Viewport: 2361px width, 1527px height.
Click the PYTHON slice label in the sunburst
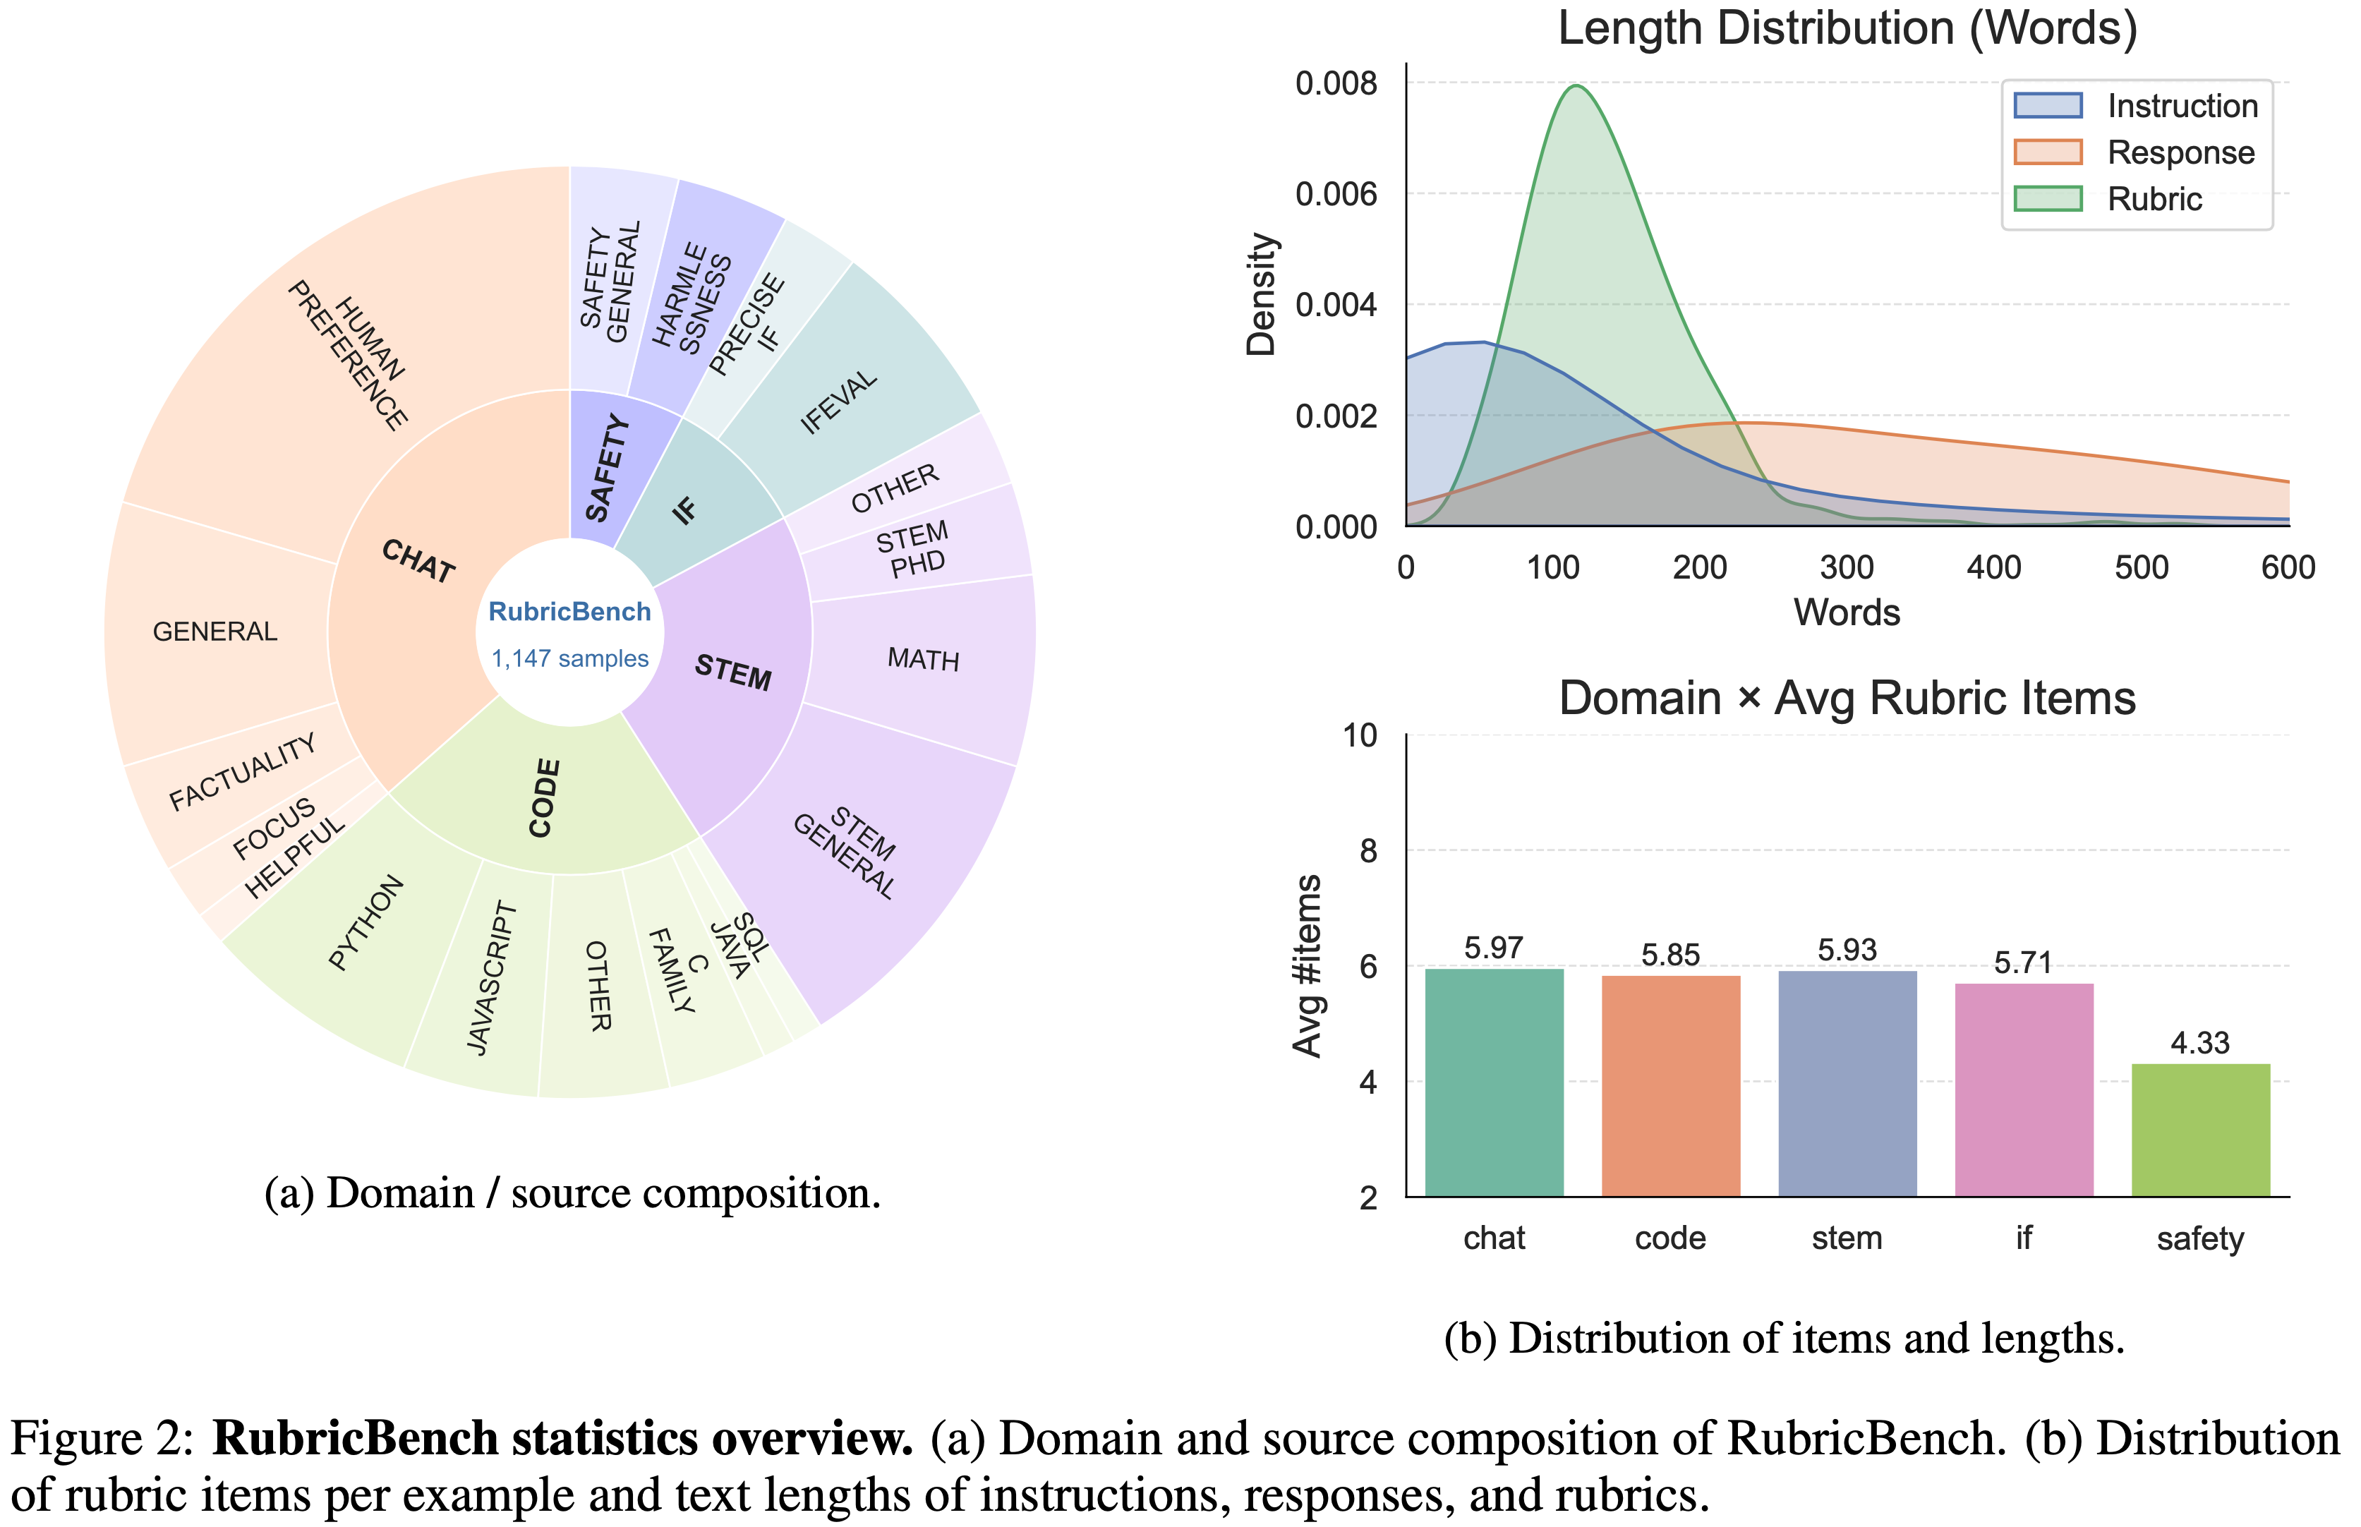click(366, 922)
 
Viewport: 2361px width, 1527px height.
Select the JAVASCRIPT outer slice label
click(492, 978)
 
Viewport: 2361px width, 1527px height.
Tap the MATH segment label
click(923, 659)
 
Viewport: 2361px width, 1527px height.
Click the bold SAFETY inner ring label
click(608, 468)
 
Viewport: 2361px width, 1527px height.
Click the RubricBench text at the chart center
click(569, 612)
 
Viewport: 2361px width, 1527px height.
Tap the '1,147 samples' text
click(569, 658)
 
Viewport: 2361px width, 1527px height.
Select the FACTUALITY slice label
click(243, 773)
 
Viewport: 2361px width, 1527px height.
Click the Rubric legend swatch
click(2047, 199)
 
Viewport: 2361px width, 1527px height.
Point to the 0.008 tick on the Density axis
click(1336, 83)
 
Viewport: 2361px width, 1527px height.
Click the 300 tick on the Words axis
click(1847, 568)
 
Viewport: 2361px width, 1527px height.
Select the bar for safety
click(2200, 1130)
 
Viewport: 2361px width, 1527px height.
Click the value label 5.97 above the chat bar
click(1493, 948)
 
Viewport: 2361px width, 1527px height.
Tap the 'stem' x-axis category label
click(1847, 1238)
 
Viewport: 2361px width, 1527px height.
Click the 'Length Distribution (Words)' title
click(1847, 28)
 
